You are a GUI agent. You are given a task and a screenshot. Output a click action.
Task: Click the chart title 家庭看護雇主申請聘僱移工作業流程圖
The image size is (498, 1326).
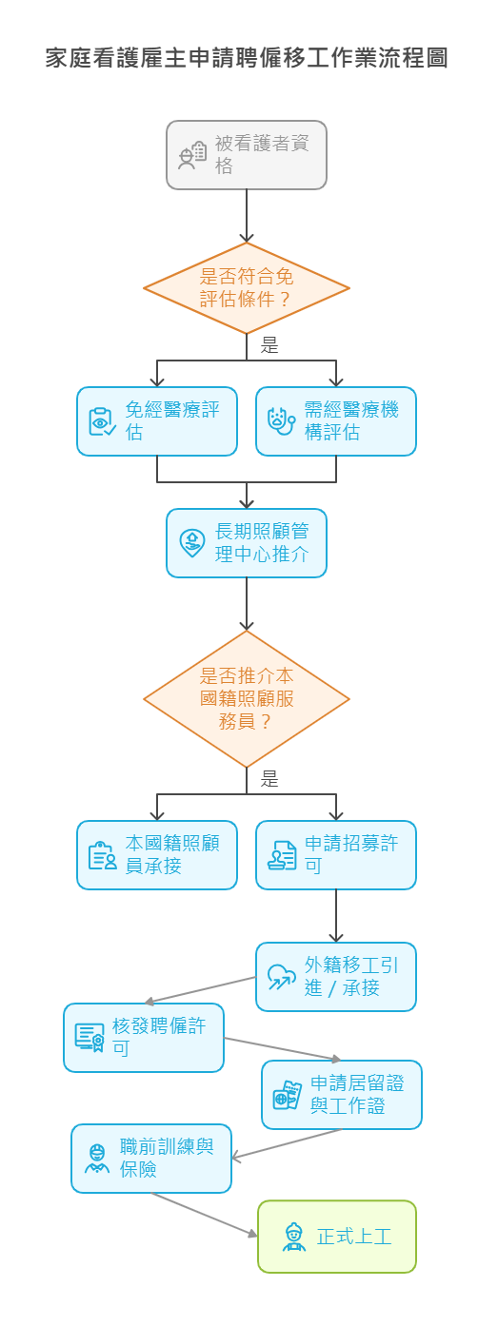coord(248,59)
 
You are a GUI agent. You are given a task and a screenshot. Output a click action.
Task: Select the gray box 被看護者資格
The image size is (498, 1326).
coord(247,155)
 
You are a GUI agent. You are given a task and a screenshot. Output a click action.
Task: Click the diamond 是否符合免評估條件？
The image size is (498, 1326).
coord(247,288)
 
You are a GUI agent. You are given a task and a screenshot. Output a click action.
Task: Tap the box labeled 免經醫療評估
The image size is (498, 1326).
coord(157,421)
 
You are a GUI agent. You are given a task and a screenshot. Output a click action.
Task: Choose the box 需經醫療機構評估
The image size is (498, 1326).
coord(336,421)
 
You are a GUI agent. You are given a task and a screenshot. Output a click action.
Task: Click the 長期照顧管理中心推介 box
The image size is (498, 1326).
coord(247,543)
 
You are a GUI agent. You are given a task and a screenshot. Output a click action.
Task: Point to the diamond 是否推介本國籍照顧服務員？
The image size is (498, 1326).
coord(247,699)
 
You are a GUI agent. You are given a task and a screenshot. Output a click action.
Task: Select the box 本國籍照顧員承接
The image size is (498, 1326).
coord(157,855)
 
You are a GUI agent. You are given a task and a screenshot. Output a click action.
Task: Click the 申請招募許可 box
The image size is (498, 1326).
coord(336,855)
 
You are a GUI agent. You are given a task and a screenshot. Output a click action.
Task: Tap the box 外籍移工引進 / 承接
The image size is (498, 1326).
coord(336,977)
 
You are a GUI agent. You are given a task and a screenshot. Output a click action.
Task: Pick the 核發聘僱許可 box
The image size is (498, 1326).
coord(144,1038)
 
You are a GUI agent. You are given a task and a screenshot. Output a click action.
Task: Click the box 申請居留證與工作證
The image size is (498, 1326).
coord(342,1095)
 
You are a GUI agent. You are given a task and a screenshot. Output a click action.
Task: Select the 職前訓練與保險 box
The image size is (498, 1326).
coord(151,1159)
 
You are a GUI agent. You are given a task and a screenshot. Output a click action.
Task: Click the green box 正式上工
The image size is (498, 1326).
coord(337,1237)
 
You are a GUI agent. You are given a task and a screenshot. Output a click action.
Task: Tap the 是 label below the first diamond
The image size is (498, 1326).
coord(270,346)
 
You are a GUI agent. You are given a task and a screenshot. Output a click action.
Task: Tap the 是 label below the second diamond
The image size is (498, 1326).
coord(270,780)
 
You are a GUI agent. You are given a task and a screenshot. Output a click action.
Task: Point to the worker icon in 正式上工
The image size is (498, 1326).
coord(294,1237)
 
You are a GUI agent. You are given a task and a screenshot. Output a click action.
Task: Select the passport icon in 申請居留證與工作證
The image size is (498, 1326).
coord(287,1095)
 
